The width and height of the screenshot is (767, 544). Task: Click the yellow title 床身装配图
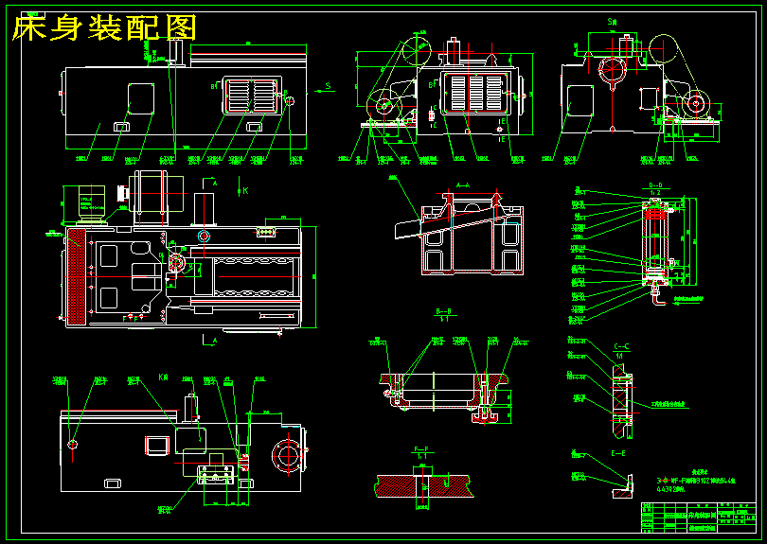pos(104,28)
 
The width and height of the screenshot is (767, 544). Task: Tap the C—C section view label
pos(623,345)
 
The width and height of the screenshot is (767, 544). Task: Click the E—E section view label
pos(619,453)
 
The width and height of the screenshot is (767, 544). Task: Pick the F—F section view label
pos(422,447)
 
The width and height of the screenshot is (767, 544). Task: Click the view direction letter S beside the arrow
pos(327,85)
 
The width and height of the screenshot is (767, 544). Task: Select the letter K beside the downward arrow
pos(245,190)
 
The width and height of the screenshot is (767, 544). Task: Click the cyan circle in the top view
pos(203,235)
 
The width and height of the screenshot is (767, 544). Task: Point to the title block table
pos(701,517)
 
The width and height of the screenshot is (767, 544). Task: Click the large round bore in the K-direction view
pos(286,456)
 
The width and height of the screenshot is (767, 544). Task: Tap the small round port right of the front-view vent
pos(290,101)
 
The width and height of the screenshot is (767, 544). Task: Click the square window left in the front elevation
pos(140,97)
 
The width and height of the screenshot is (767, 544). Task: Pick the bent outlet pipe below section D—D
pos(657,304)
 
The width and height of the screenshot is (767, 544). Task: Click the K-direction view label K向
pos(163,377)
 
